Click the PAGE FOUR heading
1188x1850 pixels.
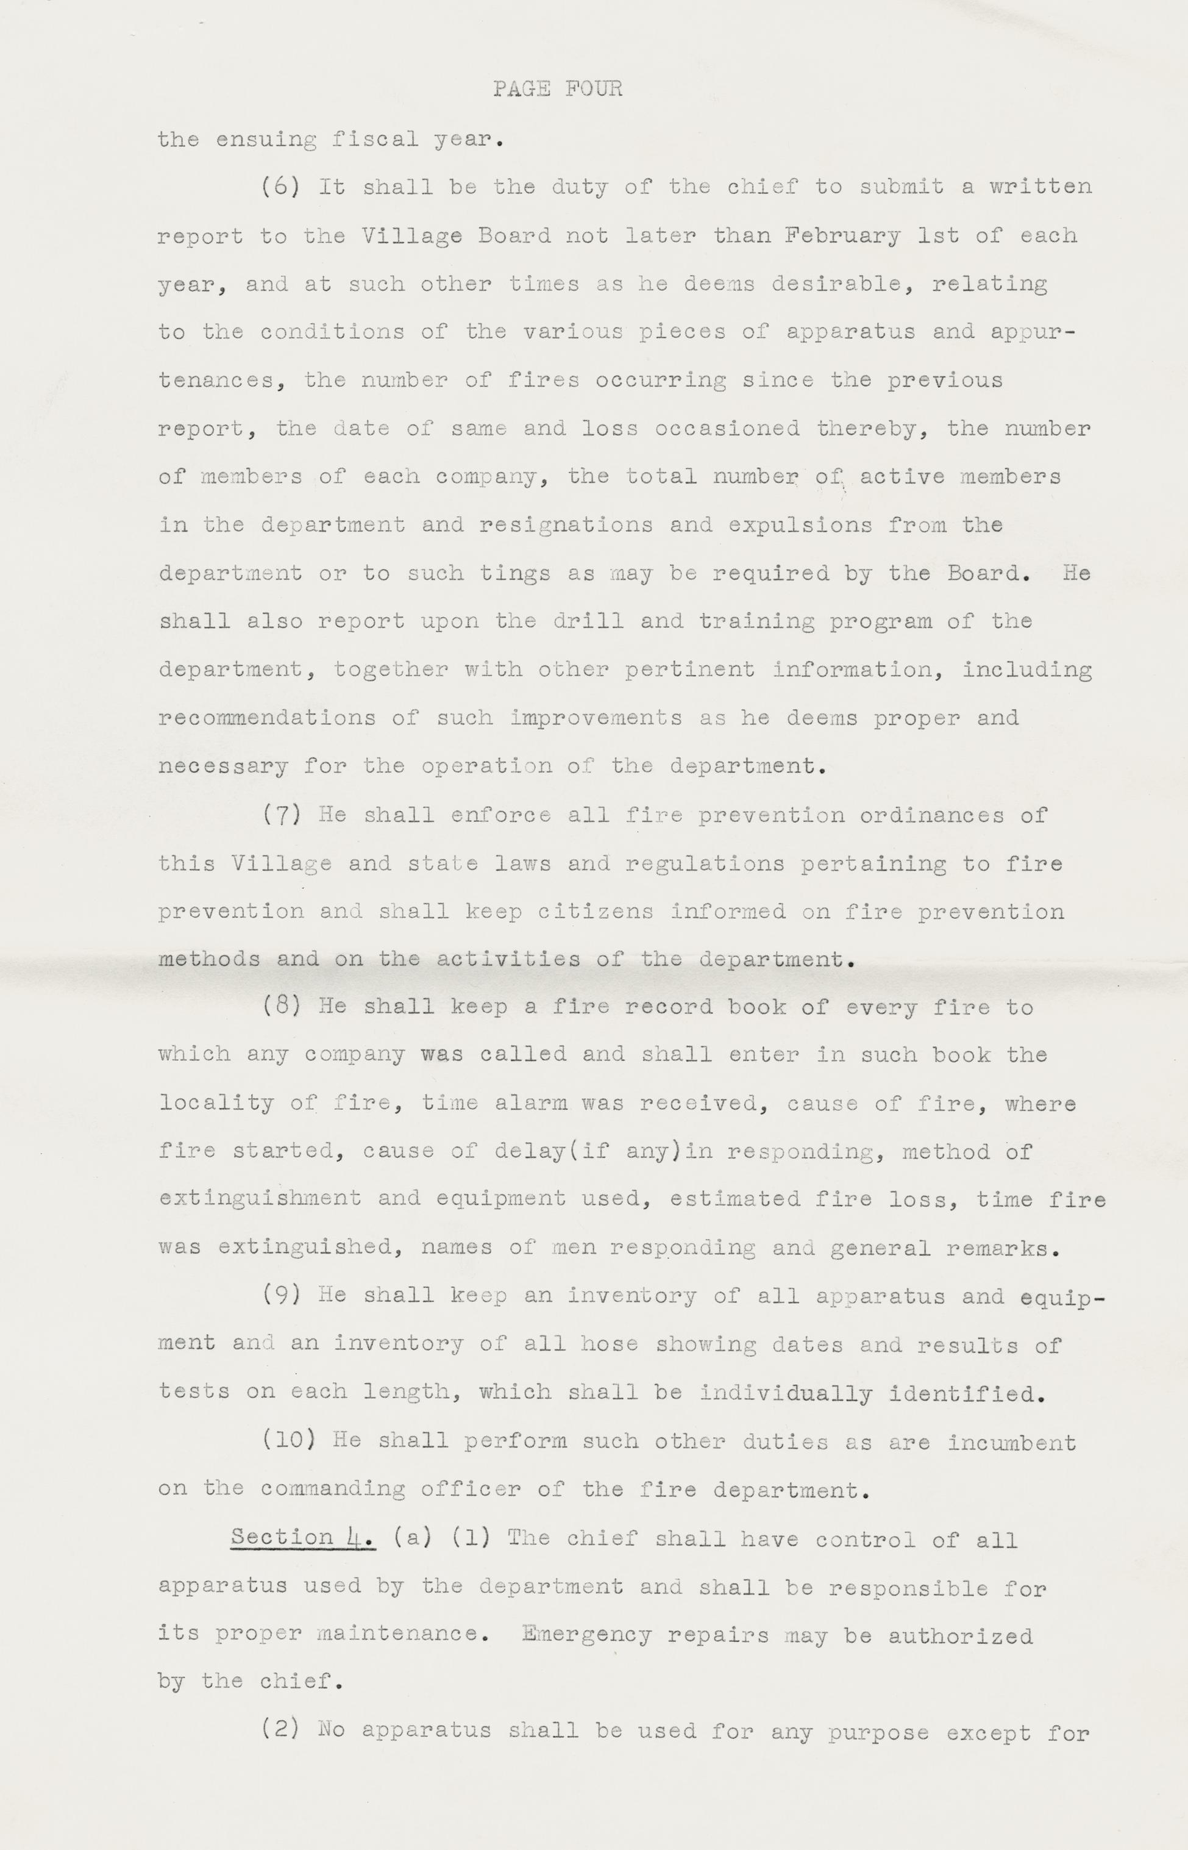[558, 90]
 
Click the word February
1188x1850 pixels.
[842, 235]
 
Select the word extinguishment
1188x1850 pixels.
[260, 1198]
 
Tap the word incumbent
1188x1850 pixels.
[1011, 1440]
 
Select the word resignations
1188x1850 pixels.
[566, 526]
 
